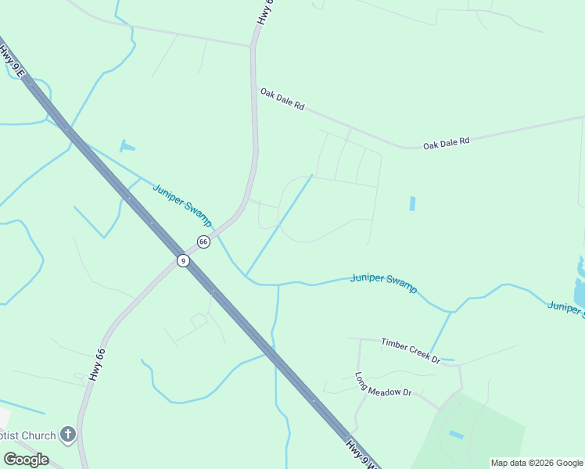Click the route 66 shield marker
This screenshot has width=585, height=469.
[203, 242]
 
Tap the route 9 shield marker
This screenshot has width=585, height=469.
[183, 260]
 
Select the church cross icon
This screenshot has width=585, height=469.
[68, 434]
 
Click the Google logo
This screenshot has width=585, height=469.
[26, 459]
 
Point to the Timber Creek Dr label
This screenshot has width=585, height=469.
[411, 349]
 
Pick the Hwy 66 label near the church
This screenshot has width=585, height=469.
[96, 364]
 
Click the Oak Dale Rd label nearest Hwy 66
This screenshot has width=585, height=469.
[282, 99]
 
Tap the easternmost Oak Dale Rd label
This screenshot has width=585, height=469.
[447, 143]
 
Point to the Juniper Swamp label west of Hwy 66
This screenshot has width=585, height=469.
[181, 205]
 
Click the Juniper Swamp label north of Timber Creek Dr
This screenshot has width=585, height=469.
[384, 282]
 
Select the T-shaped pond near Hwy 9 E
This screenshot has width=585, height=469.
[127, 145]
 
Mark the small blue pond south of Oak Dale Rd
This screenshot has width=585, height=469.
[412, 203]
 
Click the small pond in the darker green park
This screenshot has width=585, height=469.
[456, 434]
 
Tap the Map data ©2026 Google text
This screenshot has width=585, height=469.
[537, 463]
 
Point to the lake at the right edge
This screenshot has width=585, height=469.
[580, 285]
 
